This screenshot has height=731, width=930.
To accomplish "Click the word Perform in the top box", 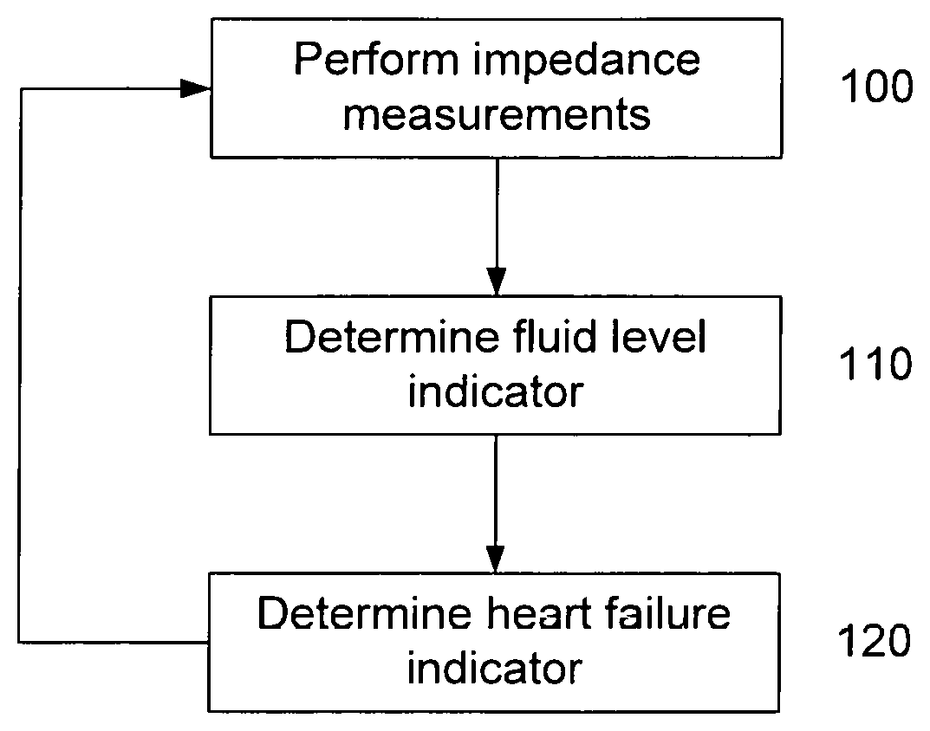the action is (x=376, y=61).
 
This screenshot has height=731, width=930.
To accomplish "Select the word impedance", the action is (x=587, y=61).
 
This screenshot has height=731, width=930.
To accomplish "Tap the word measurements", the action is (x=497, y=113).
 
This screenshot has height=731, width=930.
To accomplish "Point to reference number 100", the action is (x=877, y=87).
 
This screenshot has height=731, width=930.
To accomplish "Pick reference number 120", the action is (x=875, y=640).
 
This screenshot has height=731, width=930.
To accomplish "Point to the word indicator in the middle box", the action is (x=496, y=391).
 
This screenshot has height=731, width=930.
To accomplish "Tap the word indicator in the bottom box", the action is (x=495, y=668).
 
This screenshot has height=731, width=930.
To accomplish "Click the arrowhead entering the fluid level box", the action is (x=497, y=281).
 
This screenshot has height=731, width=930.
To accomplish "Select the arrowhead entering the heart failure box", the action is (x=495, y=559).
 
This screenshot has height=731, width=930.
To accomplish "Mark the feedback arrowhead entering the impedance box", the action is (x=196, y=89).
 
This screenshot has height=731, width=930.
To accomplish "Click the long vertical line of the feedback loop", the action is (x=20, y=365).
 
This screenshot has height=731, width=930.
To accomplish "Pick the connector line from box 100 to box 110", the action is (x=497, y=226).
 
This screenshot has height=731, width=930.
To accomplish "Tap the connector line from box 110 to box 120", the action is (x=495, y=503).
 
